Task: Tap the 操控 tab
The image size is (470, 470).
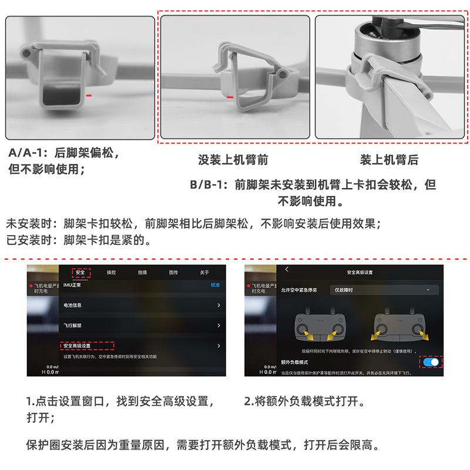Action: coord(112,273)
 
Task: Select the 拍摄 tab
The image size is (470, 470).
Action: coord(143,273)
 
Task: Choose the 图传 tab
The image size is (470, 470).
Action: coord(173,273)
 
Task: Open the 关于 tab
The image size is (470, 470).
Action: coord(204,273)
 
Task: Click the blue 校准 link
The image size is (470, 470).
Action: coord(215,285)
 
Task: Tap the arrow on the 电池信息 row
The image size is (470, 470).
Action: coord(219,305)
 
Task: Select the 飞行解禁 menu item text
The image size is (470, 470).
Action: coord(73,325)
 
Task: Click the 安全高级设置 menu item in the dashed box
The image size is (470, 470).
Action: coord(86,345)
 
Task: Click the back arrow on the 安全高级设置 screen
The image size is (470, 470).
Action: coord(287,269)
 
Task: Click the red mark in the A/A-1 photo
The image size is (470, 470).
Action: coord(88,93)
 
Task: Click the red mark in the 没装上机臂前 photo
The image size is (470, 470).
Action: coord(230,96)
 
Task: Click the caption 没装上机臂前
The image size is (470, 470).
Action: coord(233,159)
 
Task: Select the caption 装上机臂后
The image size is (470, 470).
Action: coord(389,159)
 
